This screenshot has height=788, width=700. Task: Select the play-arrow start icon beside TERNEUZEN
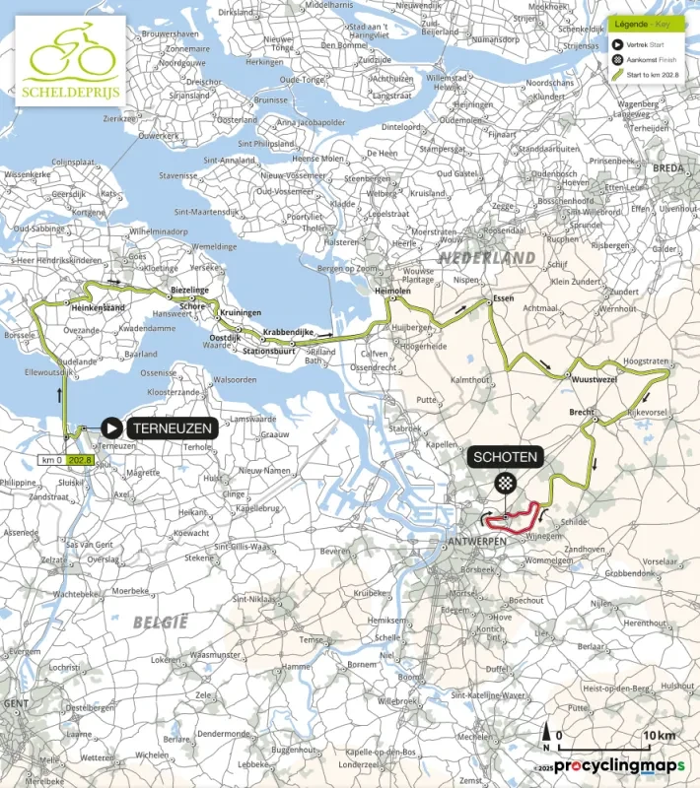click(112, 427)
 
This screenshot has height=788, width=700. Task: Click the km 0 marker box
click(51, 459)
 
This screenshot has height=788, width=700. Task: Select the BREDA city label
click(667, 168)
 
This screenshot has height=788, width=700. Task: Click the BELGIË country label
click(160, 622)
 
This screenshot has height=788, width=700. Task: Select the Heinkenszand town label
click(97, 308)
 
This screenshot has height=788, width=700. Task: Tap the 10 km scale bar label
click(659, 736)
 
